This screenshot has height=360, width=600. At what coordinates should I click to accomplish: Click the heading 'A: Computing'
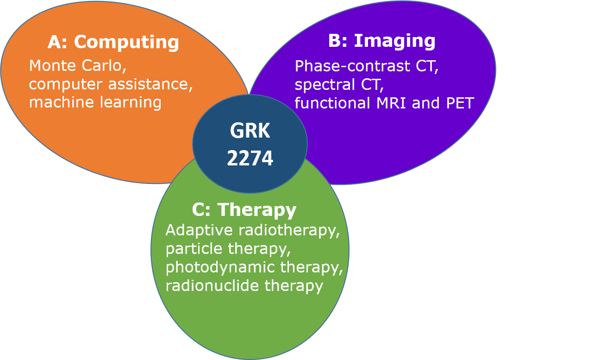(113, 42)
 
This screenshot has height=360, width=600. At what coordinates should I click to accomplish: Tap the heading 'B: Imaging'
(381, 41)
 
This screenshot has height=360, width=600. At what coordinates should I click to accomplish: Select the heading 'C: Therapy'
(244, 210)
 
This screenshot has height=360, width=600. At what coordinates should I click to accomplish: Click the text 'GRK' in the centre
(250, 131)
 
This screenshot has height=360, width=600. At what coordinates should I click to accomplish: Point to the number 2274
(250, 159)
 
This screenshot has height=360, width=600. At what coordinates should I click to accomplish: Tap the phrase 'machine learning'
(95, 102)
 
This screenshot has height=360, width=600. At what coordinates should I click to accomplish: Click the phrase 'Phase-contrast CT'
(366, 67)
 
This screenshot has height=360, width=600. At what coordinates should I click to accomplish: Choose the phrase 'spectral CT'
(339, 85)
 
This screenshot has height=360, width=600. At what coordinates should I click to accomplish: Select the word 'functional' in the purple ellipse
(331, 103)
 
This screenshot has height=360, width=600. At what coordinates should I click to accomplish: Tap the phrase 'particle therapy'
(228, 249)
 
